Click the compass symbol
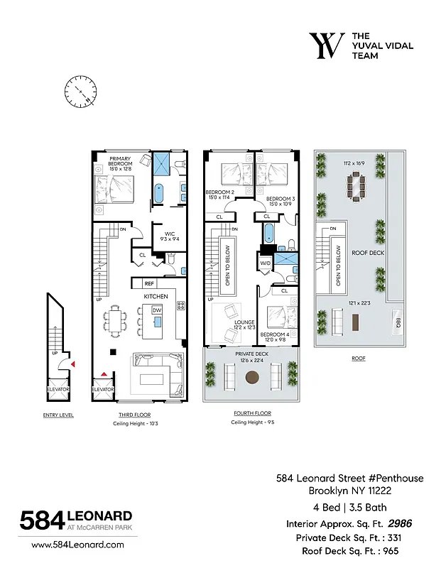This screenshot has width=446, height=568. pyautogui.click(x=80, y=91)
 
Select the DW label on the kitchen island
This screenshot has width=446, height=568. pyautogui.click(x=156, y=310)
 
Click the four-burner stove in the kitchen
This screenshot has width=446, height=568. pyautogui.click(x=181, y=306)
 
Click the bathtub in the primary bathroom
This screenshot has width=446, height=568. pyautogui.click(x=158, y=194)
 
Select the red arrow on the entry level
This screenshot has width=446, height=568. pyautogui.click(x=72, y=364)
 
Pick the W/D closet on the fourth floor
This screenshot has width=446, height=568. pyautogui.click(x=266, y=263)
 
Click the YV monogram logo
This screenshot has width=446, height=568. pyautogui.click(x=327, y=45)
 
